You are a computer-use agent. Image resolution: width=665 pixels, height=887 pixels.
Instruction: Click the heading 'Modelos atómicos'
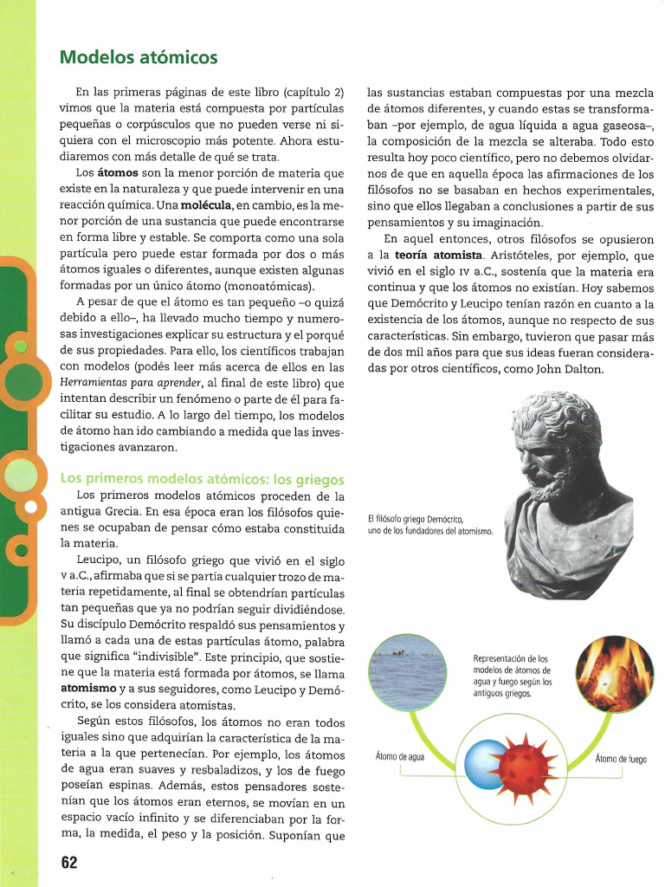[x=139, y=58]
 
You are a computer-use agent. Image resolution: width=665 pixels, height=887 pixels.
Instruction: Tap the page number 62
[x=69, y=863]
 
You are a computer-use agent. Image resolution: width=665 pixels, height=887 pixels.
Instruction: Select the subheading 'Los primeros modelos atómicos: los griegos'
[x=202, y=479]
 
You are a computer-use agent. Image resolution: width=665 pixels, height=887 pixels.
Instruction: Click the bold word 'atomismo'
[x=88, y=688]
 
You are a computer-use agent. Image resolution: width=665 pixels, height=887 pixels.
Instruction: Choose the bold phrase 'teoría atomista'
[x=439, y=256]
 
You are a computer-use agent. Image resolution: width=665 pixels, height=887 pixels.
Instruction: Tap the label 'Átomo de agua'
[x=400, y=756]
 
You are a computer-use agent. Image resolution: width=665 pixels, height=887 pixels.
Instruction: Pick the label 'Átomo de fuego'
[x=621, y=760]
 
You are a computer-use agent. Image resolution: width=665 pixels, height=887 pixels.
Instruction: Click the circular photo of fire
[x=615, y=675]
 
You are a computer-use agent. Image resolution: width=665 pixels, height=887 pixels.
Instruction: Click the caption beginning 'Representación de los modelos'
[x=512, y=676]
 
